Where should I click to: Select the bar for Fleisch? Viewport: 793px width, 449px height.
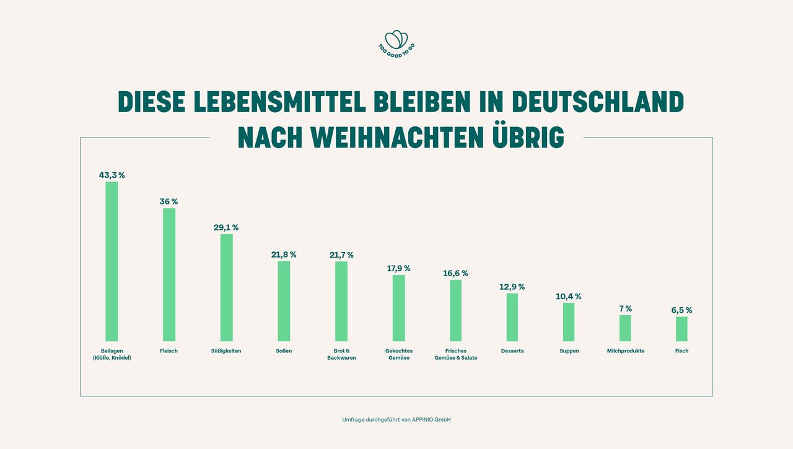169,274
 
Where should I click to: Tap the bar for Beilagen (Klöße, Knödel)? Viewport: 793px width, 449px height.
112,261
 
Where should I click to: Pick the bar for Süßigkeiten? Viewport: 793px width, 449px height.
227,287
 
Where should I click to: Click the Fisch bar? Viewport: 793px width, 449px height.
681,329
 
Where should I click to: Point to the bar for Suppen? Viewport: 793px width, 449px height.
569,322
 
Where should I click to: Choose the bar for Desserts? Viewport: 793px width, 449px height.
512,317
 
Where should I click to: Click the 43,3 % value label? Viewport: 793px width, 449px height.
112,175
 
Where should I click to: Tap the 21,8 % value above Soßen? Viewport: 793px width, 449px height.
284,255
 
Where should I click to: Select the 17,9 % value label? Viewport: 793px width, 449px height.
398,268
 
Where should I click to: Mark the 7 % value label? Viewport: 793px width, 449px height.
625,308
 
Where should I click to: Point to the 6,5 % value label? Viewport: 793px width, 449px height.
681,310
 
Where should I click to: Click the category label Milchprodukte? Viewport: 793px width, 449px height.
626,351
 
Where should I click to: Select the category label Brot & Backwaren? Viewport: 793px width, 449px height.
341,354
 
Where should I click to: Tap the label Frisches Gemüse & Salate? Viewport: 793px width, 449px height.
456,354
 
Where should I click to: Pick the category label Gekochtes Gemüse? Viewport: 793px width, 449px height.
399,354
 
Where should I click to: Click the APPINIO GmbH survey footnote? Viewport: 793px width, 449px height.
396,420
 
